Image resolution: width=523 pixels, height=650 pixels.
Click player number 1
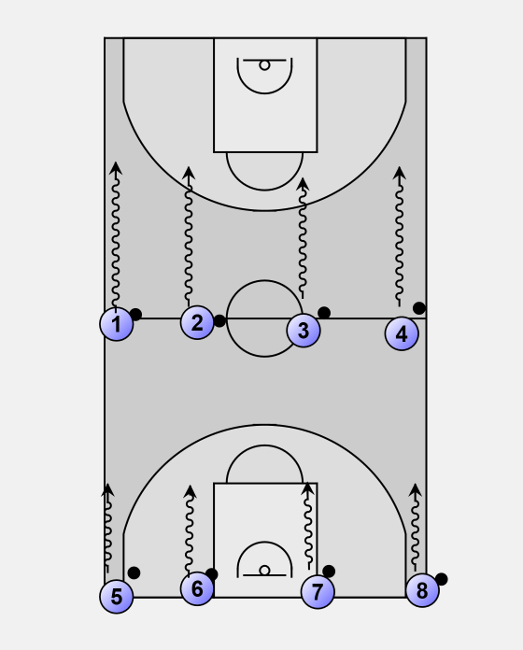point(117,324)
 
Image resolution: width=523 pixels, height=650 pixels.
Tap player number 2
point(197,322)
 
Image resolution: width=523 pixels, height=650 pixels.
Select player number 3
point(304,331)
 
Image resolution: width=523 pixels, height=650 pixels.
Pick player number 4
point(402,333)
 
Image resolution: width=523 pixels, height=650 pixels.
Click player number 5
point(117,597)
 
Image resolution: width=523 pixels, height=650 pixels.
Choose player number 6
point(197,588)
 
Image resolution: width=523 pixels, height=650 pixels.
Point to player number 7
point(318,592)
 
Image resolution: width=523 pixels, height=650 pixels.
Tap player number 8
point(422,590)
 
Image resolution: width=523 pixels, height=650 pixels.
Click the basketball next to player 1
point(135,315)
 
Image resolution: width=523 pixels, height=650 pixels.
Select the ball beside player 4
point(419,308)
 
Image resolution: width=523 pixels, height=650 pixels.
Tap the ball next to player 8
point(441,579)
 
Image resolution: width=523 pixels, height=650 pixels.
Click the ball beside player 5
point(134,572)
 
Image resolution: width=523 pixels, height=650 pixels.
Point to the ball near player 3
point(324,313)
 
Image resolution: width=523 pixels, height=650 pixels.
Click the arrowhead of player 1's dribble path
point(116,167)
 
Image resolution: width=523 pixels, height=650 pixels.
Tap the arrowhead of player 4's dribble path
point(400,173)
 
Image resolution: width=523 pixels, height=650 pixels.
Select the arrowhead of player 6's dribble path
point(191,491)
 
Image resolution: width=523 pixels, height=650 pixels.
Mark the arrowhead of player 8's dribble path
point(416,489)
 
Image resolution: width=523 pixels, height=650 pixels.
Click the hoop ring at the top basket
point(264,65)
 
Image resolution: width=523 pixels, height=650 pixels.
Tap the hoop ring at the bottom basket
point(264,571)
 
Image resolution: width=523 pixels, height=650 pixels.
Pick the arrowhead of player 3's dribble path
point(303,184)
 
